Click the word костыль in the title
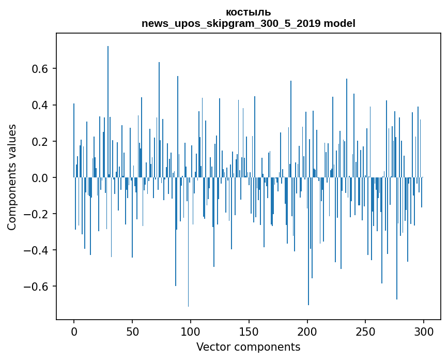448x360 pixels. [248, 12]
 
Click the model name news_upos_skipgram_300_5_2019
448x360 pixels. [231, 23]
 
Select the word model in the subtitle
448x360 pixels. [339, 23]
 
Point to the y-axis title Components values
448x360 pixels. [12, 177]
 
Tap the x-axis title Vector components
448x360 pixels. [248, 347]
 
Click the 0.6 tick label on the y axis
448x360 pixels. [40, 69]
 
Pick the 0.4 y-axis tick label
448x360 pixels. [40, 105]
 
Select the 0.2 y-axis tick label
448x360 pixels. [40, 142]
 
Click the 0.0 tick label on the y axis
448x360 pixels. [40, 178]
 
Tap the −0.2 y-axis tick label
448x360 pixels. [36, 214]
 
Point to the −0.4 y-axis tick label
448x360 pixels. [36, 250]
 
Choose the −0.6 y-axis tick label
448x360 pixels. [36, 287]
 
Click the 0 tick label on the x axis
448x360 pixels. [74, 332]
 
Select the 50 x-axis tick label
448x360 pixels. [132, 332]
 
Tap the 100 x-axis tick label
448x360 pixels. [190, 332]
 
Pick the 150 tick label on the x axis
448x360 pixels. [249, 332]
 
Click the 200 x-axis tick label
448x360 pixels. [307, 332]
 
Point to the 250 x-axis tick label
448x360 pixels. [365, 332]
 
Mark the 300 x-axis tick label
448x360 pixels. [423, 332]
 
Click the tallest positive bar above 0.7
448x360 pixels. [107, 112]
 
